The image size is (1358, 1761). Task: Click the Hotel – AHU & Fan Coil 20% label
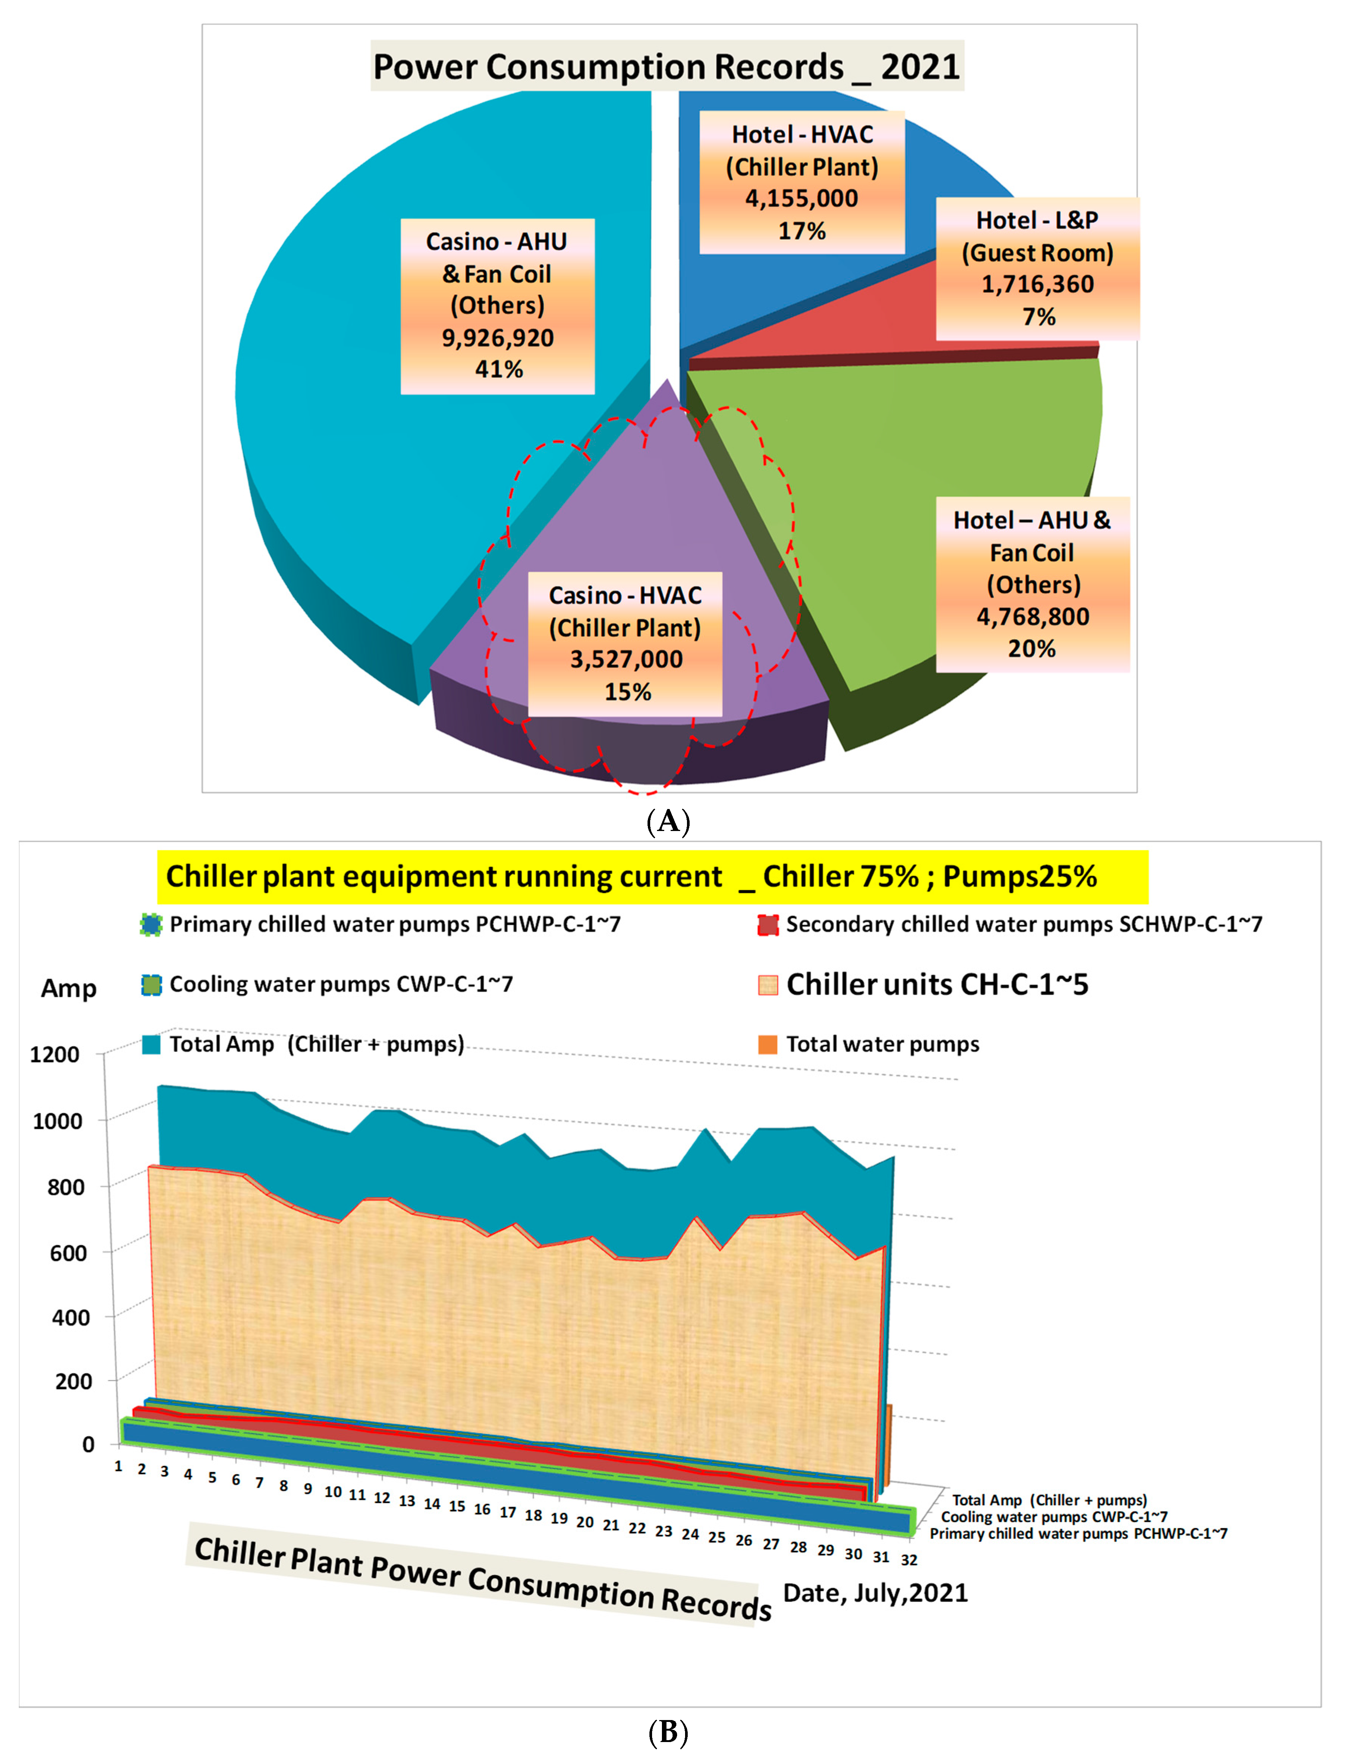tap(1032, 584)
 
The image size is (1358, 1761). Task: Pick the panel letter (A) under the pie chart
tap(668, 822)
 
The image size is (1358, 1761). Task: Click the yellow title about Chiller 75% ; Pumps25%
tap(632, 877)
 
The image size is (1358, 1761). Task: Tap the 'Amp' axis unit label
tap(69, 988)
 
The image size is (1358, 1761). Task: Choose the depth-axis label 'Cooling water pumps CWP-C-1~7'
tap(1054, 1517)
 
